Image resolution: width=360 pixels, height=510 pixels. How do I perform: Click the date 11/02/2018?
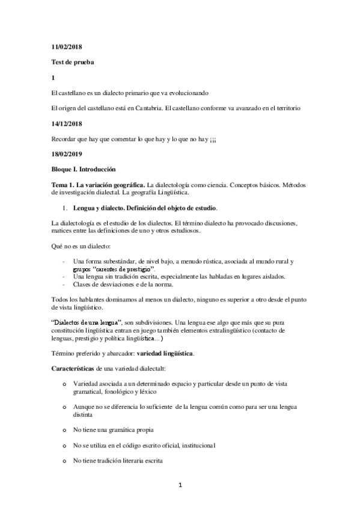65,47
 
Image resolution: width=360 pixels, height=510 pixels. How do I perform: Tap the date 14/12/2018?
65,123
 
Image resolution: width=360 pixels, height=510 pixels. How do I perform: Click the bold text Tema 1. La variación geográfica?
97,185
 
